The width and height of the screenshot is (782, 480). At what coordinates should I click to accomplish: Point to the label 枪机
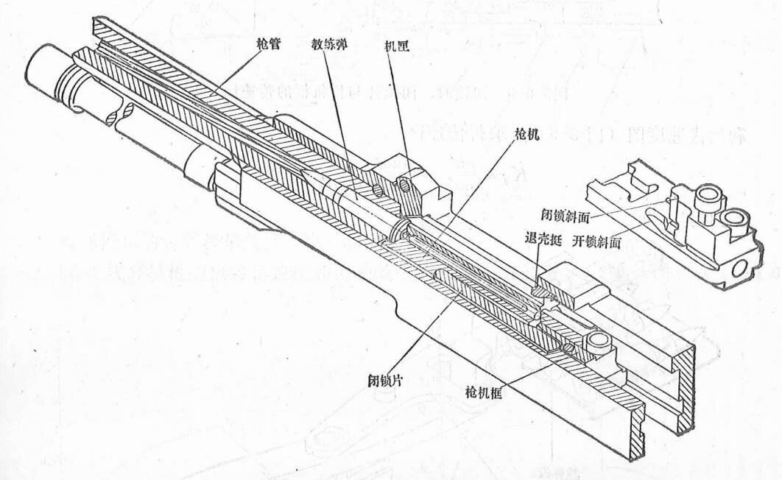tap(528, 136)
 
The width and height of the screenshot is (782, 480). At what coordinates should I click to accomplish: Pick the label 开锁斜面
tap(599, 241)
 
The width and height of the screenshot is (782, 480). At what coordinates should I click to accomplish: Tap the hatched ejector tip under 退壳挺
tap(540, 292)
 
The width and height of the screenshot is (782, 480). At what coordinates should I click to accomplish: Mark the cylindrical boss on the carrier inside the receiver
tap(596, 342)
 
